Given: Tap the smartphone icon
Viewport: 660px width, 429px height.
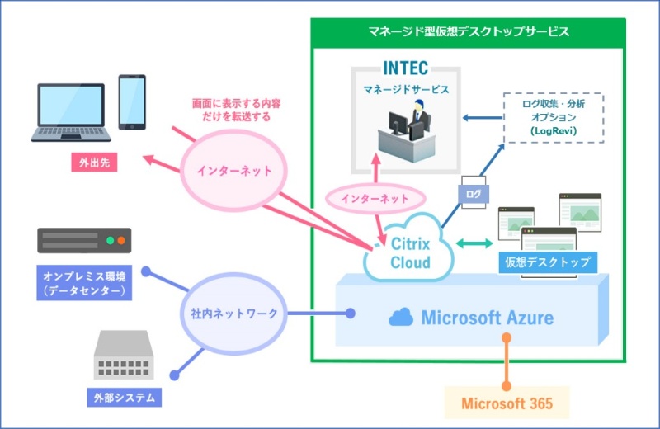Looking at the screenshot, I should (x=132, y=102).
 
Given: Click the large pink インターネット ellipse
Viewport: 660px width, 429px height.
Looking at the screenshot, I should (x=234, y=171).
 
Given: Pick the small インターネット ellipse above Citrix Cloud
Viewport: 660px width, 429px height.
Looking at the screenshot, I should (x=375, y=199).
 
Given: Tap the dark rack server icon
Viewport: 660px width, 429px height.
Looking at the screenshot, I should (x=84, y=241).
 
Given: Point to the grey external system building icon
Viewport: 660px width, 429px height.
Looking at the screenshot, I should (x=123, y=355).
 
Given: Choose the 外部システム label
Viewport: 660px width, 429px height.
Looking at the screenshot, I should (x=123, y=398).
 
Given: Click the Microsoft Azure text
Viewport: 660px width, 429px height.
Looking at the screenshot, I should (x=487, y=317).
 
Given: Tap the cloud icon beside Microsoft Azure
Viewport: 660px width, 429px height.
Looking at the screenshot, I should (x=401, y=317).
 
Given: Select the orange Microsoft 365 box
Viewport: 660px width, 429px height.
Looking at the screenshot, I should (x=507, y=403).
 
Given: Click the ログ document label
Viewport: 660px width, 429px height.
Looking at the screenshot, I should (x=473, y=196).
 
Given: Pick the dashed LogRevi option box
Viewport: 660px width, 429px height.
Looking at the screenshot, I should (x=554, y=118).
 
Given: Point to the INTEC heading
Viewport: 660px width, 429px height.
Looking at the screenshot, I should (x=405, y=67).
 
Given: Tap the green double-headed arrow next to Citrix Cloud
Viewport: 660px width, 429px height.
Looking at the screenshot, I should (x=473, y=243).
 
